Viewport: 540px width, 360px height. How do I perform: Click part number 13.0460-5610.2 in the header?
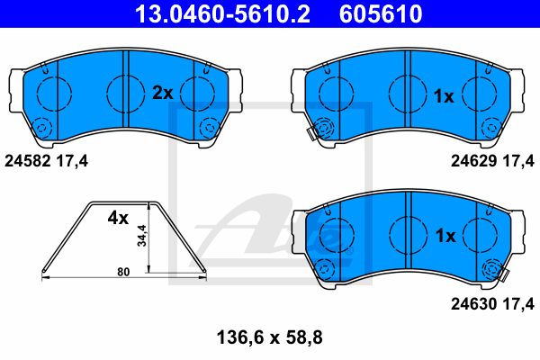coord(222,13)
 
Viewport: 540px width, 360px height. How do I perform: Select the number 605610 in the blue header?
coord(381,13)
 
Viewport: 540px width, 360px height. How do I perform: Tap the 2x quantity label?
coord(163,93)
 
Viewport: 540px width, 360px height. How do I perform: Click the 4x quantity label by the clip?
coord(118,218)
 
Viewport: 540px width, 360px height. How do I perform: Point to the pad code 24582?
coord(28,161)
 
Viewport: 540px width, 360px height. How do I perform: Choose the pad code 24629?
coord(474,161)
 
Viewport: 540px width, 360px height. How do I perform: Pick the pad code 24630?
coord(474,304)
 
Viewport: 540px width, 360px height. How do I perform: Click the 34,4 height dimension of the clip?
coord(141,236)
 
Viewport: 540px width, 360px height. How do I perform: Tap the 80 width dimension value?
coord(123,272)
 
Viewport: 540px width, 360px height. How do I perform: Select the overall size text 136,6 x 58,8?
coord(270,337)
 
